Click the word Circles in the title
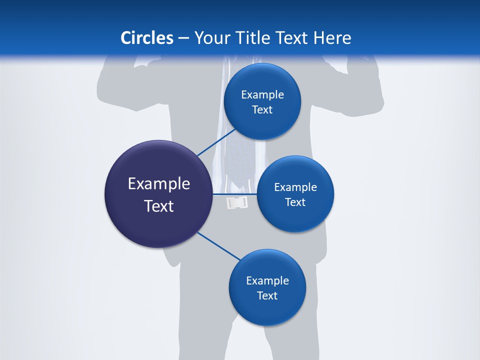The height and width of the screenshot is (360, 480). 146,37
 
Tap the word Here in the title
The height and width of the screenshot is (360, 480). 332,37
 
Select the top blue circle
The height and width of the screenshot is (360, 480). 262,80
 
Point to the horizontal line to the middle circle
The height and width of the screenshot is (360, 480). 235,193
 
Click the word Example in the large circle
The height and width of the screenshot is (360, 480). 159,184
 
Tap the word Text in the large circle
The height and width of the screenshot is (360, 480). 159,206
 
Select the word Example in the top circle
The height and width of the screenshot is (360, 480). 262,95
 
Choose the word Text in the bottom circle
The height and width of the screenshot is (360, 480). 267,295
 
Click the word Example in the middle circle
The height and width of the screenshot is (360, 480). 295,187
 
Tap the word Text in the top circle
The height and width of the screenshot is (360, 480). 262,110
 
